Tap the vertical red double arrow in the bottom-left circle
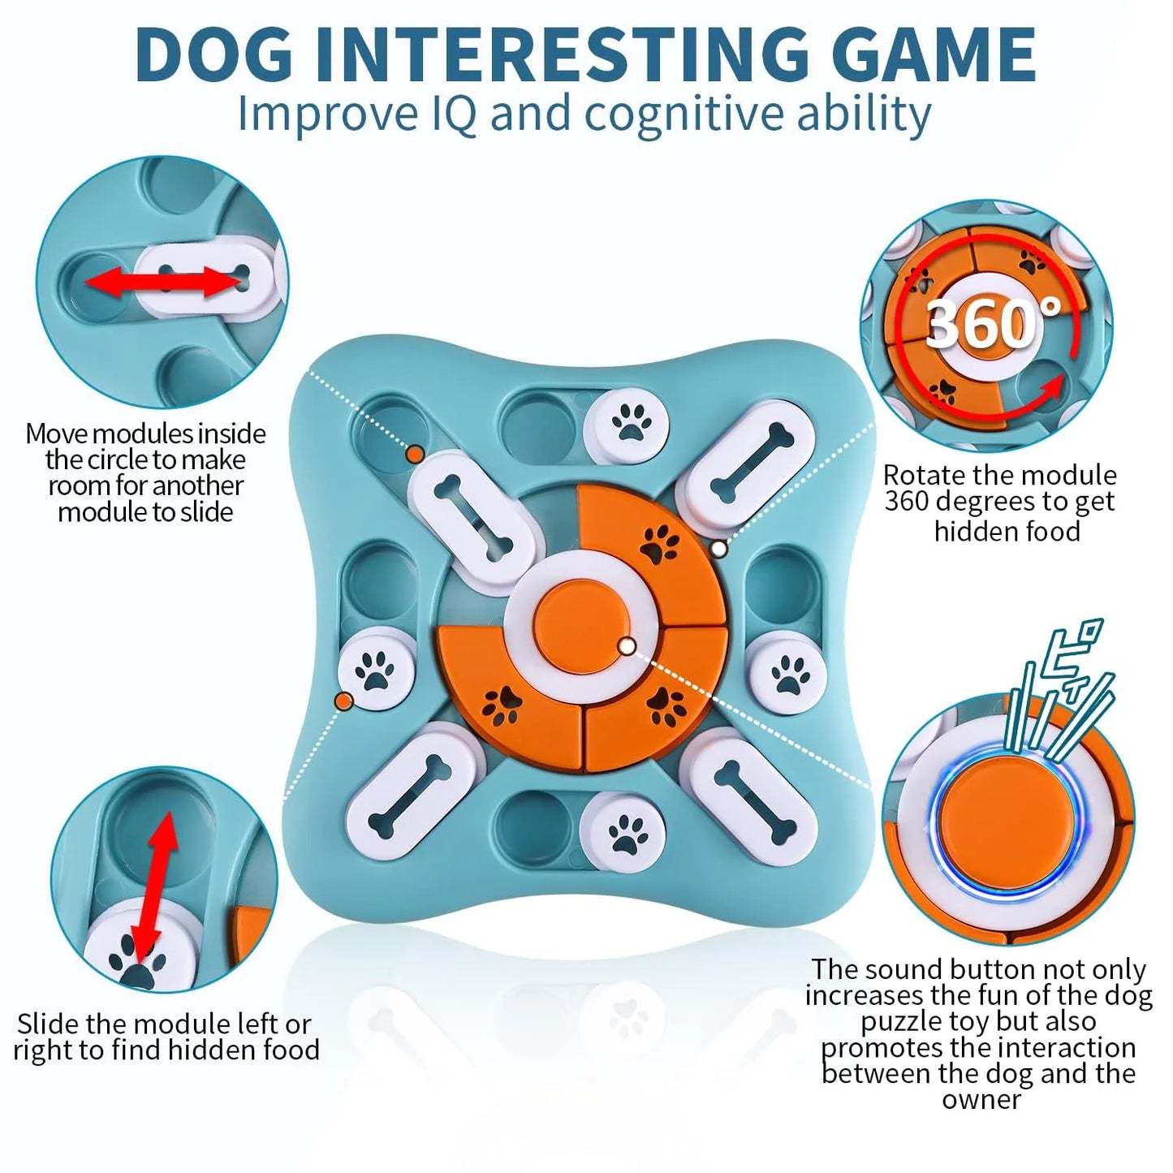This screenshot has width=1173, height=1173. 155,886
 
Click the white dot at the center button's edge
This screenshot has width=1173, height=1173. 627,646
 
